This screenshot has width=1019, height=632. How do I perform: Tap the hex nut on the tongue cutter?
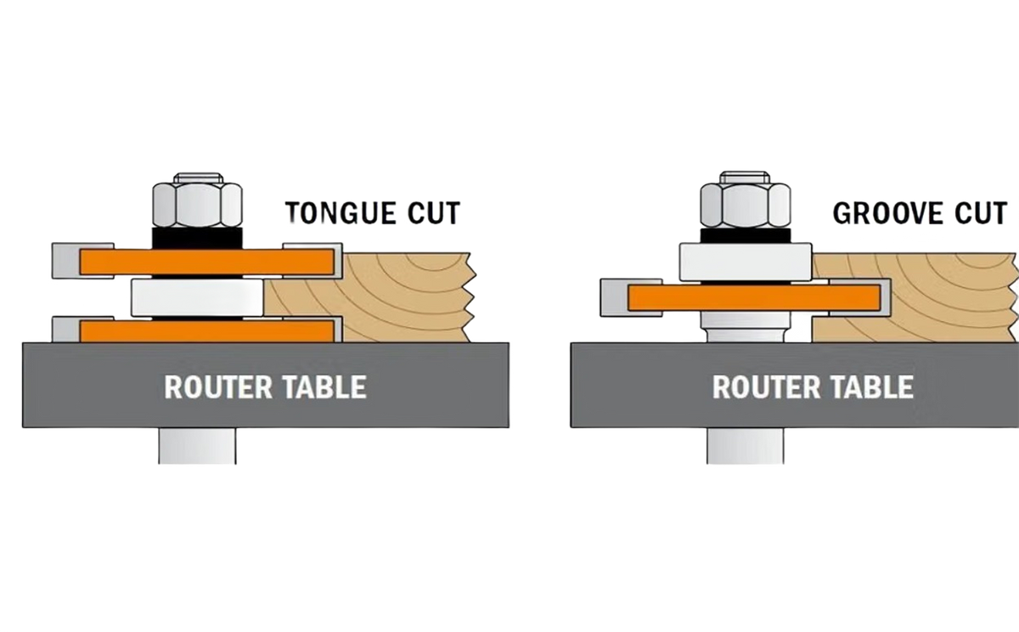[x=197, y=200]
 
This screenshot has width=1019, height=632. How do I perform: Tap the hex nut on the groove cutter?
[x=746, y=200]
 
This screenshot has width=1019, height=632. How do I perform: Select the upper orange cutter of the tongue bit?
[x=207, y=262]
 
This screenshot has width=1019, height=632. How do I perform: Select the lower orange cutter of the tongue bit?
[x=207, y=331]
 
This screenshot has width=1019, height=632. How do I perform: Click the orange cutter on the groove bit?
[x=754, y=297]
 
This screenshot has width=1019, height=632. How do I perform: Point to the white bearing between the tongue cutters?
[x=197, y=298]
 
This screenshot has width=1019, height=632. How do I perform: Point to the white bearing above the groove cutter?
[x=746, y=262]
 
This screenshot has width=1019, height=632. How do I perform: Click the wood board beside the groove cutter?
[x=915, y=297]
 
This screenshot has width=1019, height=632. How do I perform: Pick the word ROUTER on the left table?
[x=218, y=387]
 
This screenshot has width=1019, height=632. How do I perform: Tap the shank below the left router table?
[x=197, y=446]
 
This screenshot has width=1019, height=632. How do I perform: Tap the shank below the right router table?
[x=746, y=446]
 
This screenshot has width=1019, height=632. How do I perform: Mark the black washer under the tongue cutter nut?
[x=197, y=238]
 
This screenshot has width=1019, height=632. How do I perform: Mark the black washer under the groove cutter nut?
[x=746, y=235]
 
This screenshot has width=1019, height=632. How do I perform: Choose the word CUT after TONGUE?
[x=434, y=213]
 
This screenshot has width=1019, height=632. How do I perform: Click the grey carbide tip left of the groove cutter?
[x=615, y=297]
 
